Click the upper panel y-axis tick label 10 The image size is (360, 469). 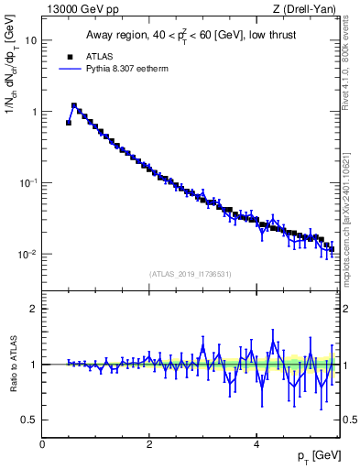tap(31, 40)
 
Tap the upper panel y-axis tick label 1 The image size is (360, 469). tap(34, 112)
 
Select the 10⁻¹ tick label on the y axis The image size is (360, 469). tap(28, 182)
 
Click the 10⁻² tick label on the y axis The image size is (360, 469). tap(28, 254)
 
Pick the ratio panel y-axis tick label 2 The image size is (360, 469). tap(34, 309)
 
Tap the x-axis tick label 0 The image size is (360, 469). tap(42, 444)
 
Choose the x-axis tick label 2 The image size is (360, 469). tap(149, 444)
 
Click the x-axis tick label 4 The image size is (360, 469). tap(256, 444)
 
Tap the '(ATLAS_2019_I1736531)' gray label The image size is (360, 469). tap(191, 273)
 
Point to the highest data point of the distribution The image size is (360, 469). tap(74, 106)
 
